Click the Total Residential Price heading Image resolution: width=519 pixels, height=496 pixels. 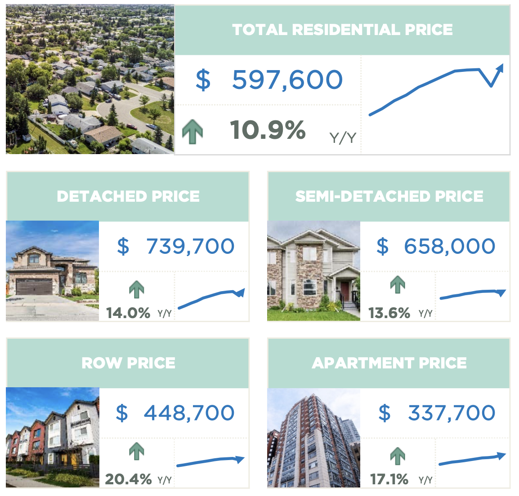click(342, 30)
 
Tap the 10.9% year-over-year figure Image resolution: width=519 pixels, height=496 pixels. click(268, 130)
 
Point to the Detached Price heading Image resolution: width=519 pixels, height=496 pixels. click(128, 196)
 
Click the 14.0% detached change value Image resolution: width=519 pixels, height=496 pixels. click(128, 313)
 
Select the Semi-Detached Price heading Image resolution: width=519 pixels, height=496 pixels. click(389, 196)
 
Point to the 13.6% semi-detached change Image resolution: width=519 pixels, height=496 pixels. click(389, 313)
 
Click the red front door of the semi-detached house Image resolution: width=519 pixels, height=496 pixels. click(345, 292)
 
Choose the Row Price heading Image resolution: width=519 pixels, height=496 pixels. click(128, 363)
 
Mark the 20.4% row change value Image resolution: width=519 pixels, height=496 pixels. click(128, 479)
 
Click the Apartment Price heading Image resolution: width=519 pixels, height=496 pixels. click(389, 363)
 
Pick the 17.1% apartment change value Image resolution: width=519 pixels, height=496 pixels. click(389, 479)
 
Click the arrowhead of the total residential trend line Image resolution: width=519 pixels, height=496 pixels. click(500, 68)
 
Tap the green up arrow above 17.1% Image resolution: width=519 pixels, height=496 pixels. click(398, 456)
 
